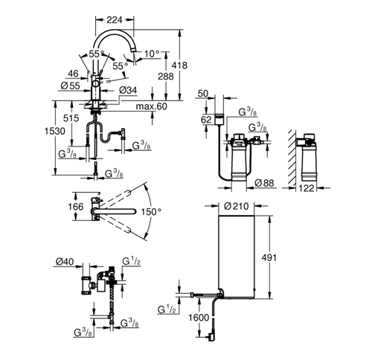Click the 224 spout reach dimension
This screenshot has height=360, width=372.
[115, 20]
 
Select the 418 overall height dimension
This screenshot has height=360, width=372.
[179, 65]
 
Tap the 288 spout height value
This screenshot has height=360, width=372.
[166, 77]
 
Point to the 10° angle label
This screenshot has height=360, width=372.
[152, 54]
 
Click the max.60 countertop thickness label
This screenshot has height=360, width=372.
[152, 106]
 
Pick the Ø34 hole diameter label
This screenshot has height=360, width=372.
[128, 90]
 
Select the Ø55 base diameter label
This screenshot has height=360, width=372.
[71, 86]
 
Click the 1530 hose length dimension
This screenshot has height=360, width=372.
[55, 131]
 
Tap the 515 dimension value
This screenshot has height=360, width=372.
[71, 118]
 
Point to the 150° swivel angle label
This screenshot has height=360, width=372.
[151, 212]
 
